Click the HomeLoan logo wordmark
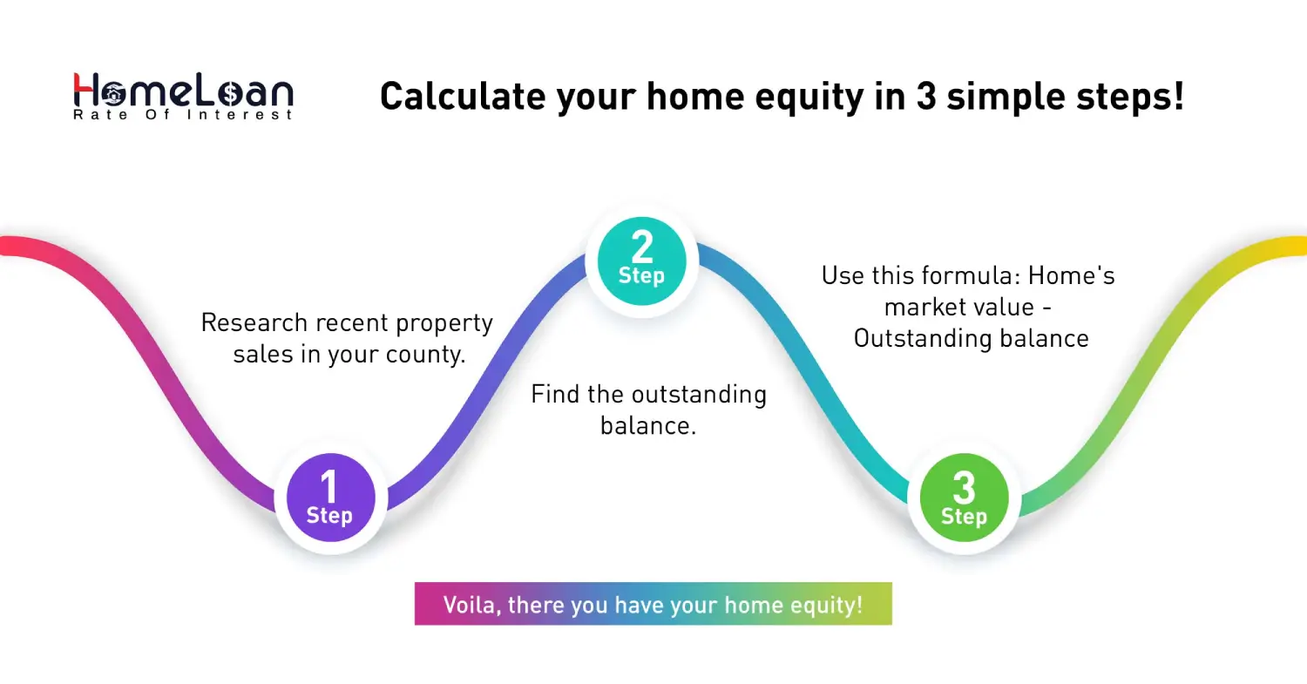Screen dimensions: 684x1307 pyautogui.click(x=183, y=90)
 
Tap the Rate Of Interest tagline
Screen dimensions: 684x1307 pyautogui.click(x=183, y=115)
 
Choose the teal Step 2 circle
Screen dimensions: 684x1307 pyautogui.click(x=641, y=259)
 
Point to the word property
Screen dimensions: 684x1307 pyautogui.click(x=444, y=323)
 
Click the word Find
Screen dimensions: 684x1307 pyautogui.click(x=554, y=395)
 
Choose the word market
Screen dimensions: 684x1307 pyautogui.click(x=925, y=308)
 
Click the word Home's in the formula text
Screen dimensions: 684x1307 pyautogui.click(x=1071, y=276)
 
